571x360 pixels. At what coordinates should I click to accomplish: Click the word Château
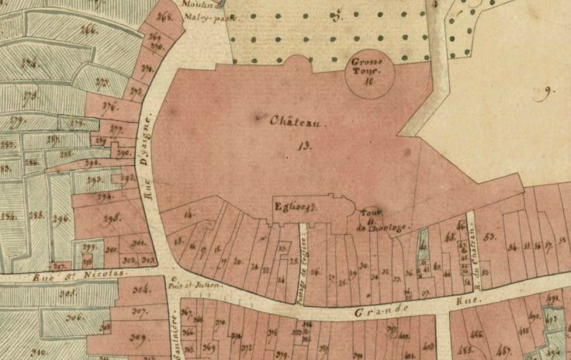click(294, 122)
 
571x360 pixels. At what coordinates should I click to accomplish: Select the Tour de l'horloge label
click(372, 221)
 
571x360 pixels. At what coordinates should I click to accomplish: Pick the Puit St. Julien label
click(200, 284)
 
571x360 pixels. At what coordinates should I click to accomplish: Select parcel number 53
click(489, 236)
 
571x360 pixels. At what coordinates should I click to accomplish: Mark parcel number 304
click(140, 291)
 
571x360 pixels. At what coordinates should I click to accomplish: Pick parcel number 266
click(89, 30)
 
